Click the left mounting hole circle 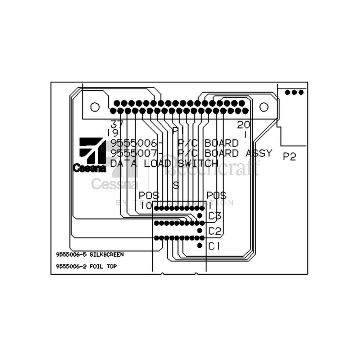coord(94,107)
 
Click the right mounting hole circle coord(264,107)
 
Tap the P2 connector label coord(289,157)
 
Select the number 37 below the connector coord(117,125)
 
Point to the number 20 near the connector coord(244,125)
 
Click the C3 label coord(215,216)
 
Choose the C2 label coord(215,231)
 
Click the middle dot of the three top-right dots coord(294,92)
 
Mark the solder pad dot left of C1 coord(200,246)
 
